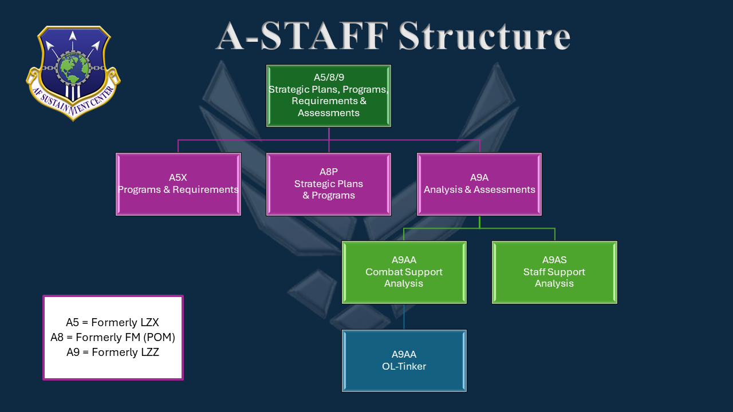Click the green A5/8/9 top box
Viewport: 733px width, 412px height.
click(329, 96)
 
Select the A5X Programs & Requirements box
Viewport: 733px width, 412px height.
click(178, 184)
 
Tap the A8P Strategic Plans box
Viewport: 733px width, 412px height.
click(329, 184)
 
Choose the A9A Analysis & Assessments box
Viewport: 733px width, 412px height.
click(479, 184)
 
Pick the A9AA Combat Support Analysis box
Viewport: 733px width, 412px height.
click(404, 272)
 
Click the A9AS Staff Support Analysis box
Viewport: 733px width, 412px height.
click(554, 272)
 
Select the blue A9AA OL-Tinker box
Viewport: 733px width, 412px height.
click(404, 360)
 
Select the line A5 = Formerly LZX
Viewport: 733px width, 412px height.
click(112, 323)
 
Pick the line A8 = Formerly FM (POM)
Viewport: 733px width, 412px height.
click(113, 338)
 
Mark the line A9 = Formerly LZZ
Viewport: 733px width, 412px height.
click(113, 352)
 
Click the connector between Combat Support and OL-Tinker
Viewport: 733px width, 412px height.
click(404, 316)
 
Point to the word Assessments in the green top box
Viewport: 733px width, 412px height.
click(329, 113)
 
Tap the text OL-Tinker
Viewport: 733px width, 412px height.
click(404, 366)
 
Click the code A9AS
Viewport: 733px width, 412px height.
click(554, 260)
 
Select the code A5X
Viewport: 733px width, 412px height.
click(178, 178)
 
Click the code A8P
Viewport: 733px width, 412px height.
click(329, 172)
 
